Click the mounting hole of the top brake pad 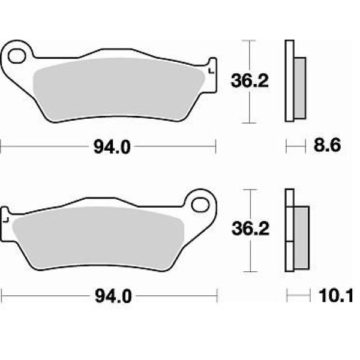[17, 56]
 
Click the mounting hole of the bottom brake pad [200, 205]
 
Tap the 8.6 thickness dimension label [327, 145]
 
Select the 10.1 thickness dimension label [335, 296]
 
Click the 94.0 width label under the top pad [112, 147]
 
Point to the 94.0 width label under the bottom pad [113, 296]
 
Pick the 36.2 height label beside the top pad [250, 80]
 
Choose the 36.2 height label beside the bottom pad [250, 229]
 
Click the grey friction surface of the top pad [119, 89]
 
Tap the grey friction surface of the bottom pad [98, 238]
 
